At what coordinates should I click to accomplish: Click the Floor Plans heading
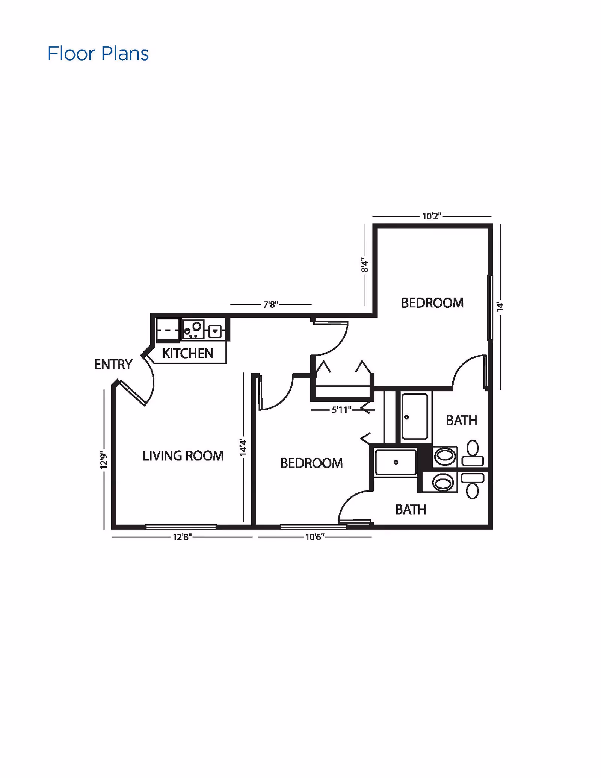click(x=98, y=54)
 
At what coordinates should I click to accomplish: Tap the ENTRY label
click(x=113, y=364)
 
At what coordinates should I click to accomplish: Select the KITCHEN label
click(x=188, y=353)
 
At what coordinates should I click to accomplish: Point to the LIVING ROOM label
click(x=183, y=456)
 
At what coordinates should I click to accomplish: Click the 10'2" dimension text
click(x=432, y=216)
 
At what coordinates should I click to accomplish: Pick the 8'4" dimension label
click(x=364, y=265)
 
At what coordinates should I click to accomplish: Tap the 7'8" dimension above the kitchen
click(x=271, y=304)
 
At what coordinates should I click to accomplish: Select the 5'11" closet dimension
click(x=341, y=410)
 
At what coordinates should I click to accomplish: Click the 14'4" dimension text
click(x=243, y=448)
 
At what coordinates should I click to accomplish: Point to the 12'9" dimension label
click(x=104, y=459)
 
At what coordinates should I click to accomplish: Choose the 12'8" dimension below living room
click(x=182, y=537)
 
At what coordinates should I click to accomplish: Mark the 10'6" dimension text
click(x=315, y=537)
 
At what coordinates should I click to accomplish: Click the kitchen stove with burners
click(x=193, y=330)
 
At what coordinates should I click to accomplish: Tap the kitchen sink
click(x=215, y=331)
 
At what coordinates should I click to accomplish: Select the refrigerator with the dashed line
click(x=168, y=330)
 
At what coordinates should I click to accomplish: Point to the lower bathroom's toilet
click(x=472, y=485)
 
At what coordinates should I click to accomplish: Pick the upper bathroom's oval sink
click(x=445, y=457)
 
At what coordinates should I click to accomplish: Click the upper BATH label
click(x=462, y=421)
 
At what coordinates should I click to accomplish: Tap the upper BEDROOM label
click(x=432, y=303)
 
